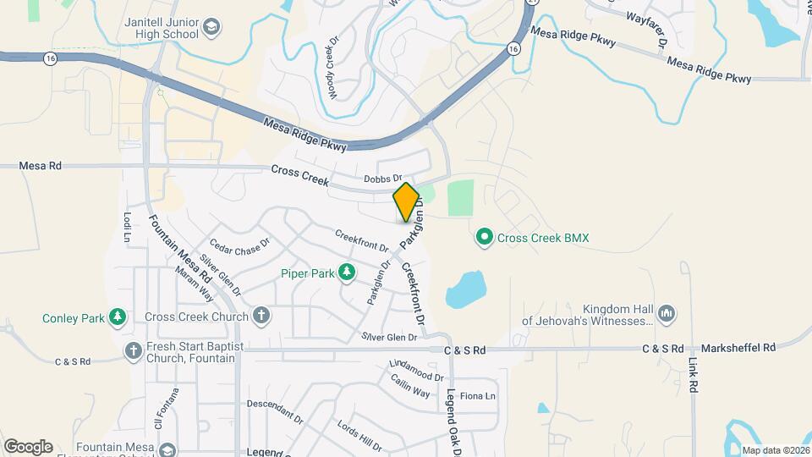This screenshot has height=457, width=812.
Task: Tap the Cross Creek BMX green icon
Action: click(x=485, y=237)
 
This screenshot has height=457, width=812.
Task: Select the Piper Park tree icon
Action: click(x=346, y=272)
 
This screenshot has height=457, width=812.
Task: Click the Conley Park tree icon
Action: click(x=118, y=318)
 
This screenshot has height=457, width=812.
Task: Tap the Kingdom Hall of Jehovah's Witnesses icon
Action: click(x=667, y=314)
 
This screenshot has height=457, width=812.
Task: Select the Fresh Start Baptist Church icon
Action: click(x=133, y=350)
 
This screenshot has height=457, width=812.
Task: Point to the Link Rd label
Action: click(x=694, y=373)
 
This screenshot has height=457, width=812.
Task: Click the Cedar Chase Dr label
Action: click(x=239, y=245)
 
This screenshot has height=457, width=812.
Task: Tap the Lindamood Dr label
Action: click(x=416, y=371)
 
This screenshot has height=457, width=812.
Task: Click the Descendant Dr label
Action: click(x=275, y=412)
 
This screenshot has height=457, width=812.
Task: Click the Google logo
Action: click(x=28, y=446)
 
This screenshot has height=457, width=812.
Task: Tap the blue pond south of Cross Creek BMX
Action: click(x=464, y=290)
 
